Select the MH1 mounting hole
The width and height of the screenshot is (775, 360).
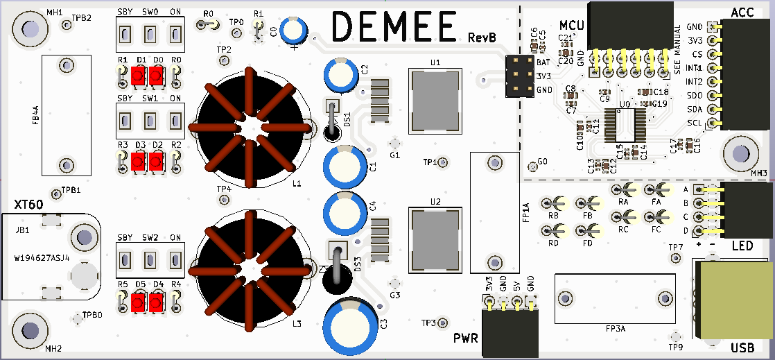(x=30, y=28)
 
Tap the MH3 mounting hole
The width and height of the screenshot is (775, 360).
(x=740, y=151)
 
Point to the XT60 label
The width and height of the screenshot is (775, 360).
(x=28, y=204)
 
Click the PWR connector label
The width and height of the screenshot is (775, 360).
(x=467, y=338)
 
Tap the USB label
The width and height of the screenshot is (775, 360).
(x=742, y=348)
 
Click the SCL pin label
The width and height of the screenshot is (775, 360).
(x=694, y=123)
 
